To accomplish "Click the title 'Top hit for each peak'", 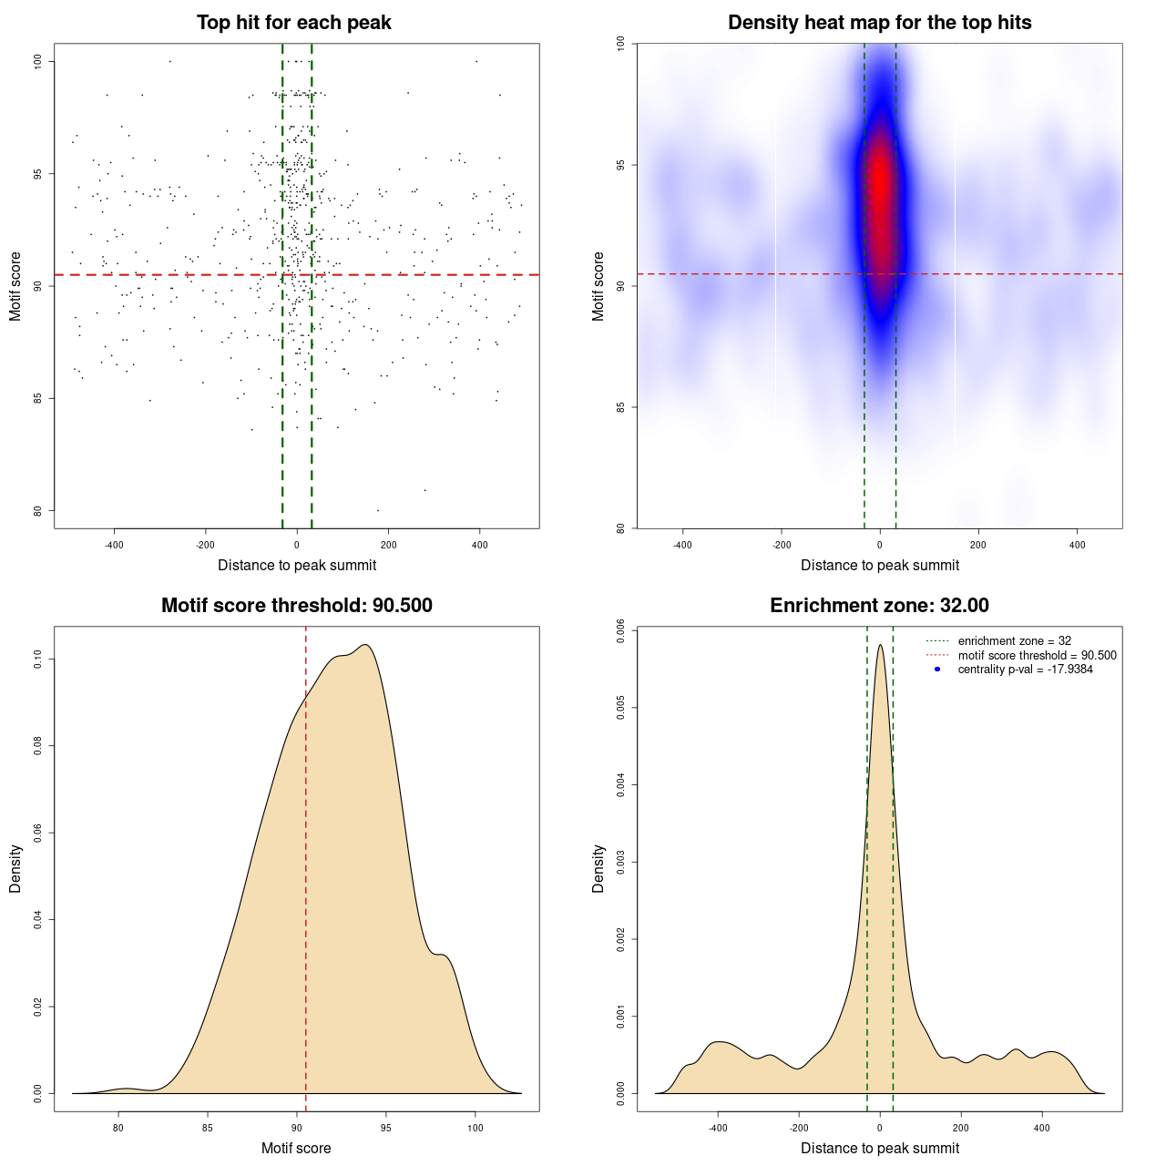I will (293, 23).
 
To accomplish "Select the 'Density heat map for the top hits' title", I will (879, 23).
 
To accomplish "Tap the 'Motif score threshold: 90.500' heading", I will (296, 606).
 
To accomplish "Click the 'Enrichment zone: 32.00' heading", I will (879, 606).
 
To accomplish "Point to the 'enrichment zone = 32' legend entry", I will (1014, 641).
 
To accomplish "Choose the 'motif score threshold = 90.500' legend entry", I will (1037, 655).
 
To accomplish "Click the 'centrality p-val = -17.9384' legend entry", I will (1025, 670).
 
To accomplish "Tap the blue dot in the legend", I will (937, 670).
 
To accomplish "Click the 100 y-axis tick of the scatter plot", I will (38, 61).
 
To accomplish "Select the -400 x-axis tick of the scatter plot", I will (114, 545).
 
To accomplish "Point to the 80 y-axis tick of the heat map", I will (621, 527).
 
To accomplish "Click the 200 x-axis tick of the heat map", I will (978, 545).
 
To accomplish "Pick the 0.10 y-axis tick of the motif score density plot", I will (38, 659).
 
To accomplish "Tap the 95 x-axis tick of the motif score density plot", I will (386, 1128).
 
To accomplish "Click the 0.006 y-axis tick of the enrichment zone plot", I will (621, 630).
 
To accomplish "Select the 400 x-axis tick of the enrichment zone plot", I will (1042, 1128).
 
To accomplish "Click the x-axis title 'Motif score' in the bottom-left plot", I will (296, 1148).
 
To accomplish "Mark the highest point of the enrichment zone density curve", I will (880, 645).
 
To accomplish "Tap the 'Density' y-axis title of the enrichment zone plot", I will (598, 868).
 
